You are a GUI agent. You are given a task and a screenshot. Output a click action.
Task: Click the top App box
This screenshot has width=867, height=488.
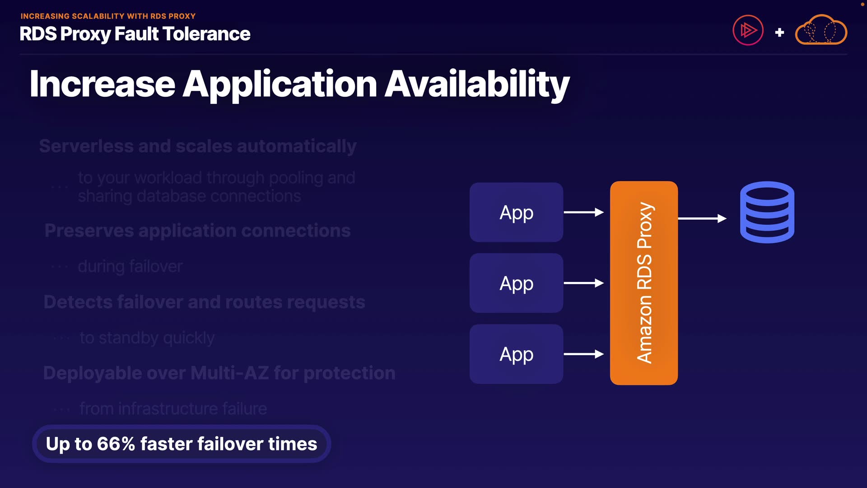point(516,212)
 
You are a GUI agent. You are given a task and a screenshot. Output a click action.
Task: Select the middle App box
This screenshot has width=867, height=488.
point(516,283)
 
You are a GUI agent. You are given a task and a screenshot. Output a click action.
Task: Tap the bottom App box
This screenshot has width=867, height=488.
point(516,354)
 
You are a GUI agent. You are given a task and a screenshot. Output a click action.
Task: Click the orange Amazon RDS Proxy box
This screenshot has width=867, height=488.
point(643,283)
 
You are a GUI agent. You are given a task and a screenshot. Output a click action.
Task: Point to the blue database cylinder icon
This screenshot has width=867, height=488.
point(767,212)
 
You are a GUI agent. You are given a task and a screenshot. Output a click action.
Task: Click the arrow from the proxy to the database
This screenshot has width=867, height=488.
point(702,219)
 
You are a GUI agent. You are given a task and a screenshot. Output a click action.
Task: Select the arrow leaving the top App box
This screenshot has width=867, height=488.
point(583,212)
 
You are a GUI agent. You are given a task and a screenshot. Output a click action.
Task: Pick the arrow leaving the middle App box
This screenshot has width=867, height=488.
point(583,283)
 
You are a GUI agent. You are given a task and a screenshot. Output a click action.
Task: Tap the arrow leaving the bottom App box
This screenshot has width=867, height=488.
point(583,354)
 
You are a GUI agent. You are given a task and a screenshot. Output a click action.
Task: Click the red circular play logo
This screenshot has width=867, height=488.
point(748,31)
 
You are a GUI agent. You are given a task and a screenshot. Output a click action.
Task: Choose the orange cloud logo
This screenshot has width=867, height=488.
point(820,31)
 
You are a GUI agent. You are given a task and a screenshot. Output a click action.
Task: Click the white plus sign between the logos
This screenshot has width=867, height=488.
point(779,33)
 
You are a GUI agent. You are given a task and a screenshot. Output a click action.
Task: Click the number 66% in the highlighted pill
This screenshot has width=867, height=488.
point(116,444)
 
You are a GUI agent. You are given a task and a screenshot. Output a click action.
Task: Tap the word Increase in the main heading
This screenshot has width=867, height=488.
point(103,84)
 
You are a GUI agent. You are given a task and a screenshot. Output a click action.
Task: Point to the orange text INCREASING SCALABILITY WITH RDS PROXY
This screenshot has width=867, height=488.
point(108,16)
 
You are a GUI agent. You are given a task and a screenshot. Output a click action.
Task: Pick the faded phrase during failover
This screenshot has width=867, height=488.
point(130,267)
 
